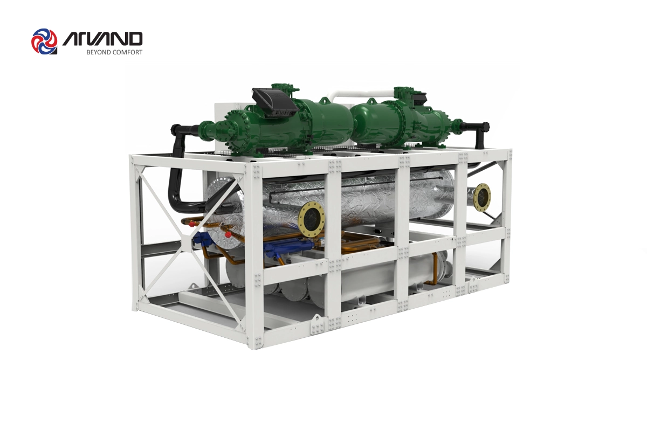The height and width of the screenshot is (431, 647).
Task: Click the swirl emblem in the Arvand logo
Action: [44, 41]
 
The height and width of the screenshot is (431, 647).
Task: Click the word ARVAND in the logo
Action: [102, 39]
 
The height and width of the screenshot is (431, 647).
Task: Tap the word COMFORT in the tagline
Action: [128, 52]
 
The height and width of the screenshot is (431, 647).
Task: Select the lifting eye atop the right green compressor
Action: [370, 101]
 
